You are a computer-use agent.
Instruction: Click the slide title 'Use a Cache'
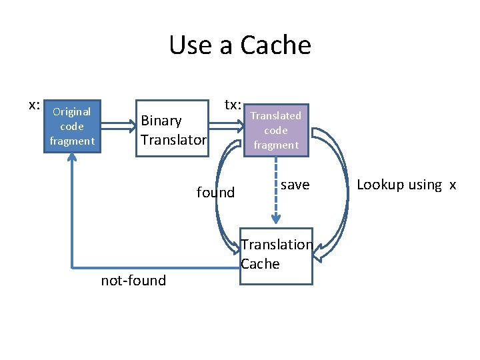pyautogui.click(x=240, y=45)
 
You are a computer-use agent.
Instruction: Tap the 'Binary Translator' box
pyautogui.click(x=172, y=130)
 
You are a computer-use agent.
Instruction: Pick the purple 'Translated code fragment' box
pyautogui.click(x=275, y=130)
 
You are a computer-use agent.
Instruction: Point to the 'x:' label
pyautogui.click(x=35, y=105)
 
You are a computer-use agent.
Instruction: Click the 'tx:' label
pyautogui.click(x=233, y=105)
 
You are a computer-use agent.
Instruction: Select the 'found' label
pyautogui.click(x=215, y=193)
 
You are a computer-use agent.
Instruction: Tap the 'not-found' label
pyautogui.click(x=133, y=281)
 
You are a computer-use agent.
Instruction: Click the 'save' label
pyautogui.click(x=295, y=185)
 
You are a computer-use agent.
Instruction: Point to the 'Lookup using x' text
pyautogui.click(x=406, y=185)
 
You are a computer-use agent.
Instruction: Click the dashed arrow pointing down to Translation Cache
pyautogui.click(x=275, y=193)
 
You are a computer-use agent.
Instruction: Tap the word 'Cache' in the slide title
pyautogui.click(x=275, y=45)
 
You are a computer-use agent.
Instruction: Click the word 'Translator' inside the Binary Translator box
pyautogui.click(x=173, y=140)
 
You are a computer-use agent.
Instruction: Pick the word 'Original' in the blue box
pyautogui.click(x=72, y=112)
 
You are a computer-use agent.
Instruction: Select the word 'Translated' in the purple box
pyautogui.click(x=275, y=116)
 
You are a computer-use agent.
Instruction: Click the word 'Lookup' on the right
pyautogui.click(x=381, y=185)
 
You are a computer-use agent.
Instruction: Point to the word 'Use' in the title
pyautogui.click(x=191, y=45)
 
